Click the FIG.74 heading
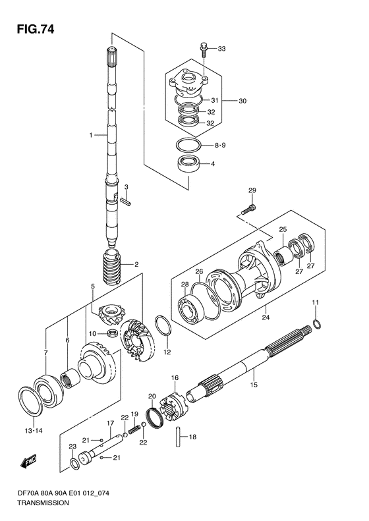click(x=35, y=30)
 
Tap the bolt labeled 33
click(x=204, y=49)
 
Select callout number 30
click(x=242, y=100)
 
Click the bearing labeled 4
click(x=188, y=163)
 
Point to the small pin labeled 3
click(x=127, y=201)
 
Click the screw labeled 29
click(x=248, y=209)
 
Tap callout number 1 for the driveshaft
click(x=90, y=135)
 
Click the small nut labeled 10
click(x=112, y=332)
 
